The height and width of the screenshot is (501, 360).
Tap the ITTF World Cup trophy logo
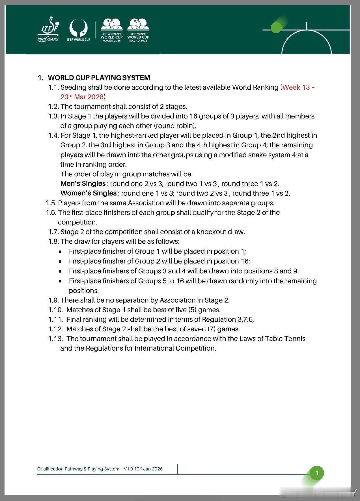tap(78, 30)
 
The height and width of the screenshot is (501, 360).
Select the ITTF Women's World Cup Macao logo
tap(112, 30)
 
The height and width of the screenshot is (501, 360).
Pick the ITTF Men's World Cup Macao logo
tap(138, 30)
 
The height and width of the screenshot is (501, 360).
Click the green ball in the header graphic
tap(276, 27)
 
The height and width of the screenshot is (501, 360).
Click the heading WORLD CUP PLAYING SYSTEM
tap(99, 78)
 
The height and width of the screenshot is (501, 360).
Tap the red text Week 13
tap(296, 87)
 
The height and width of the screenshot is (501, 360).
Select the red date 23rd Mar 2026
tap(82, 97)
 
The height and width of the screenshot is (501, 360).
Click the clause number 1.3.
tap(53, 116)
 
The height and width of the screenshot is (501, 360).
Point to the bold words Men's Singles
tap(83, 183)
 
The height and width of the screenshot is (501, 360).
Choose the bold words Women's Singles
tap(89, 193)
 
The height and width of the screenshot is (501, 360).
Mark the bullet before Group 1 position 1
tap(60, 252)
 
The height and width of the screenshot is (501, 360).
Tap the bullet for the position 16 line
tap(60, 262)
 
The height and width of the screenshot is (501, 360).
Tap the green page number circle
tap(317, 473)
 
